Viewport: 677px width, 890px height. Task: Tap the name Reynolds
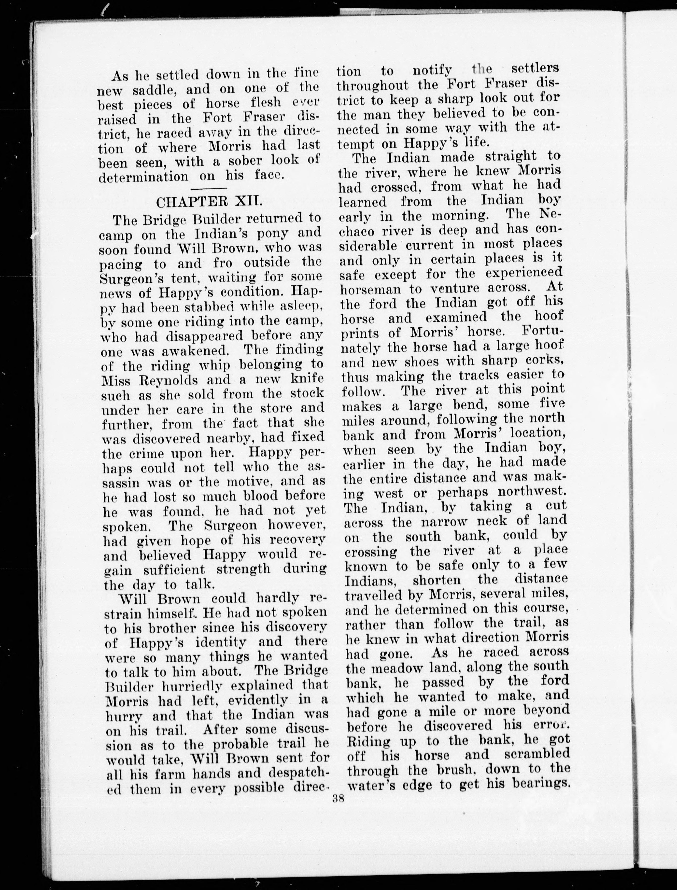click(x=175, y=381)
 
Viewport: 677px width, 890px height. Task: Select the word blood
click(x=262, y=496)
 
